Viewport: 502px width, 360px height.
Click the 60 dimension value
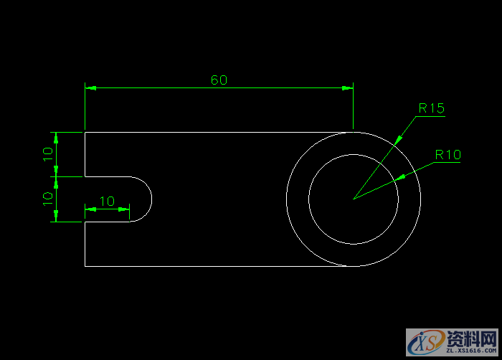[219, 80]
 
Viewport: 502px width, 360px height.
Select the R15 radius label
[432, 108]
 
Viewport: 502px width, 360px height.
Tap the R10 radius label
[448, 155]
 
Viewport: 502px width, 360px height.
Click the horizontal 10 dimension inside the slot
[107, 201]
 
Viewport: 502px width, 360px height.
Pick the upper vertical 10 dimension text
[48, 154]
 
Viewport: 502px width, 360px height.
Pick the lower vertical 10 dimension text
[48, 199]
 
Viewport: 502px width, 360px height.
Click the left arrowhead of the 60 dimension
[90, 87]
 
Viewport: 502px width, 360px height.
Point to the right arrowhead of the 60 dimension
[347, 87]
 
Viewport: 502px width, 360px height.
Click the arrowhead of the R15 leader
[397, 141]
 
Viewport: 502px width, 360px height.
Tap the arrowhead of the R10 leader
[401, 177]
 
